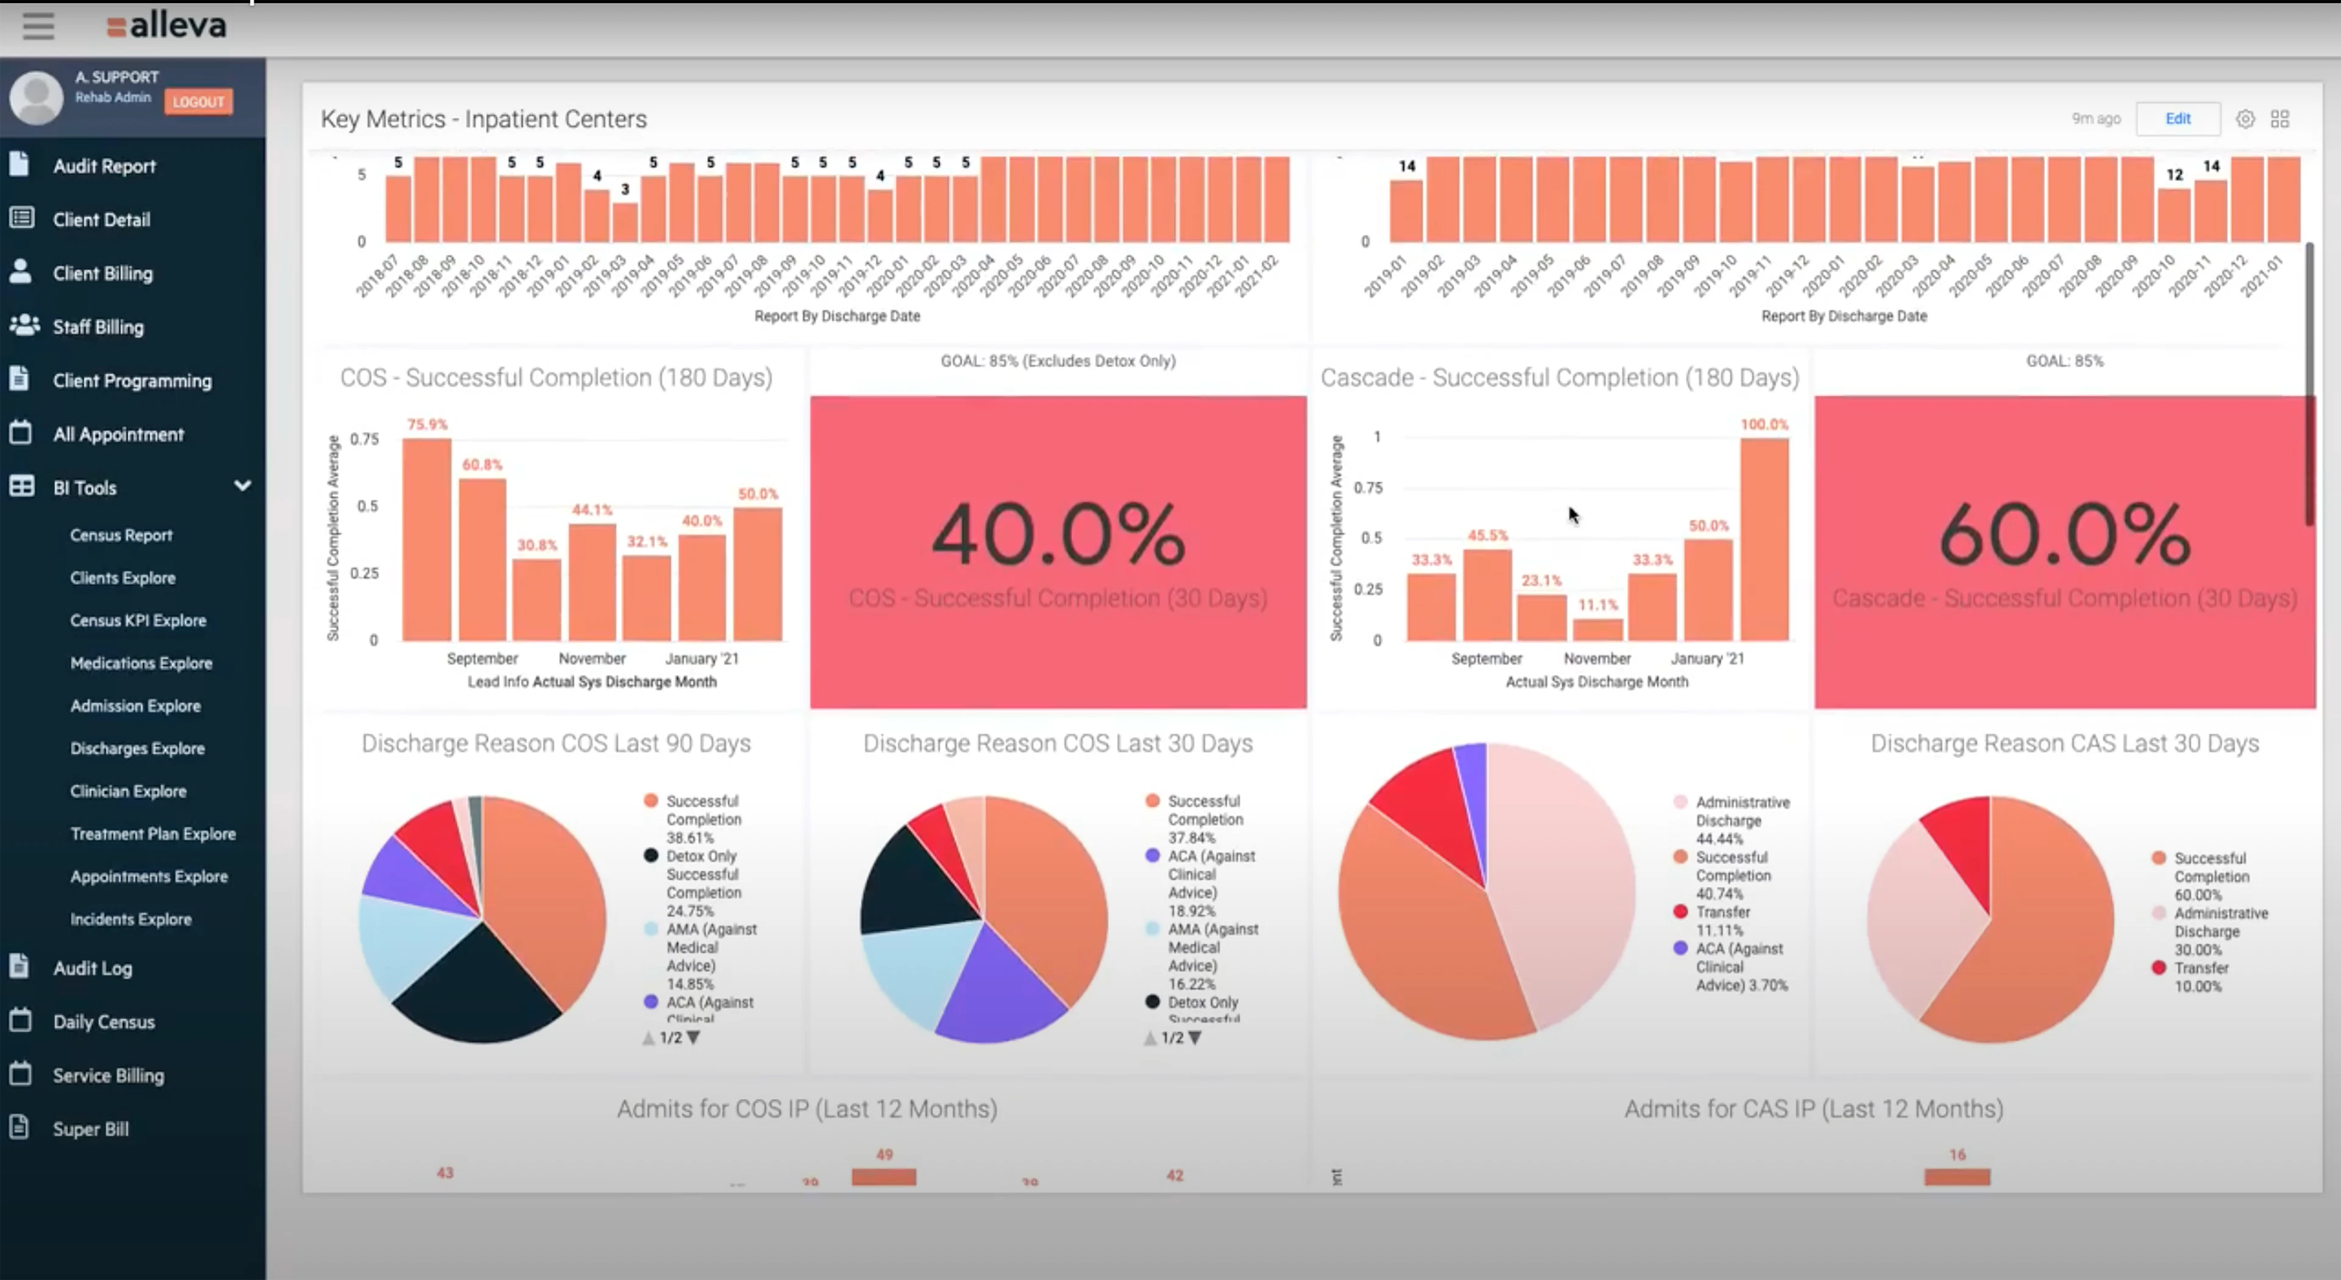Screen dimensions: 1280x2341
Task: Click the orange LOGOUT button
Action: [x=198, y=101]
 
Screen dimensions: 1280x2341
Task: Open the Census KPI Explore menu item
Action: [x=138, y=620]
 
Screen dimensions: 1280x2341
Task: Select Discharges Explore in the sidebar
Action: [x=137, y=749]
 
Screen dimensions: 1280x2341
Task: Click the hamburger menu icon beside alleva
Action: [x=38, y=26]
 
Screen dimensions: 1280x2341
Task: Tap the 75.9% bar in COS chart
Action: [x=426, y=540]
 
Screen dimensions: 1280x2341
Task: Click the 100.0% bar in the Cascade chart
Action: [x=1764, y=540]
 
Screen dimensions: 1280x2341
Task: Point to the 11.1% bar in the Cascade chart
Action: [x=1598, y=629]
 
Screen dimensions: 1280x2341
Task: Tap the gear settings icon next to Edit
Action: [x=2245, y=119]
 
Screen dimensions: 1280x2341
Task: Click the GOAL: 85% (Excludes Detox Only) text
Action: [x=1058, y=361]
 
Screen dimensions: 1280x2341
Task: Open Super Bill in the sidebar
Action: [x=90, y=1129]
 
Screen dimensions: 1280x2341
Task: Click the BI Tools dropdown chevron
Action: [x=243, y=486]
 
